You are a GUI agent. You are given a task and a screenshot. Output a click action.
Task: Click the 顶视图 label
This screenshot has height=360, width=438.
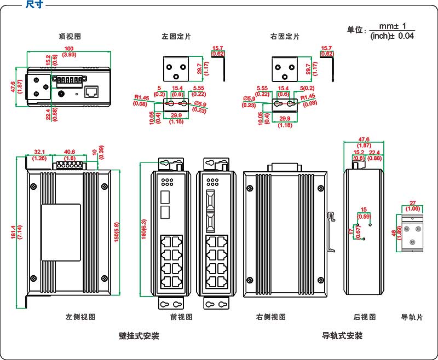coord(70,37)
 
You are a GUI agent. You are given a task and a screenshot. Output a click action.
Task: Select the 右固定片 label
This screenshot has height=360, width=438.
coord(285,37)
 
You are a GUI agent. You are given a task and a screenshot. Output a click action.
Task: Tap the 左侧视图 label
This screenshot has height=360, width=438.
coord(80,317)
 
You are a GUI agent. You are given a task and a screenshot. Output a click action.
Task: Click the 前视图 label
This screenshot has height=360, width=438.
coord(182,317)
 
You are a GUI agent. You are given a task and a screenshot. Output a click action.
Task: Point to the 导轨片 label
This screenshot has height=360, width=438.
coord(412,317)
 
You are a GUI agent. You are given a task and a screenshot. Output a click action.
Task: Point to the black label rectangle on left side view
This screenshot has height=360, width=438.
coord(61,232)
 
